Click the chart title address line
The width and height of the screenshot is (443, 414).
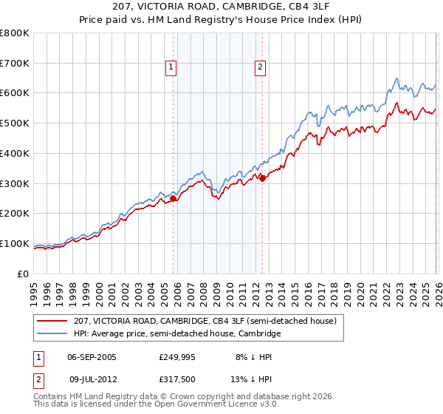pyautogui.click(x=221, y=7)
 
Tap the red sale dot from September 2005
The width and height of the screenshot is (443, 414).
pyautogui.click(x=174, y=198)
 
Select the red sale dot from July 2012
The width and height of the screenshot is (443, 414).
pyautogui.click(x=262, y=177)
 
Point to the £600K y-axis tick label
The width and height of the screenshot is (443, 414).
pyautogui.click(x=15, y=93)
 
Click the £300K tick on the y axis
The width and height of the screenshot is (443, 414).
pyautogui.click(x=15, y=183)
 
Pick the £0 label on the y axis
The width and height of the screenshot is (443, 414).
pyautogui.click(x=24, y=274)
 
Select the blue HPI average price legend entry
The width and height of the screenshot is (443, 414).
pyautogui.click(x=177, y=334)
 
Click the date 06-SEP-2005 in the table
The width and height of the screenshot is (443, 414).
pyautogui.click(x=92, y=356)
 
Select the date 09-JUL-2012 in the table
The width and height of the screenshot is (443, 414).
pyautogui.click(x=92, y=379)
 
